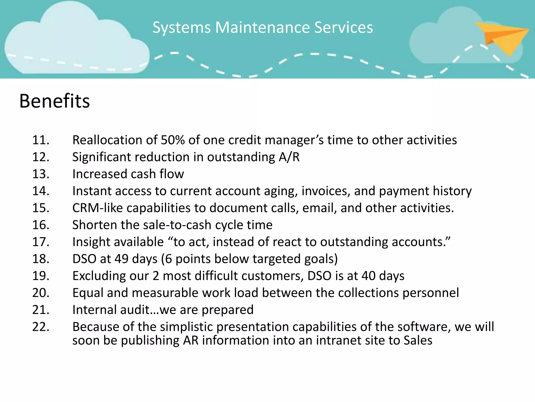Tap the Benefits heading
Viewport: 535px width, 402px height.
[x=55, y=101]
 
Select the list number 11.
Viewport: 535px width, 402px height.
[x=40, y=140]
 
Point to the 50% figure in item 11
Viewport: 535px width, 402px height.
[x=173, y=140]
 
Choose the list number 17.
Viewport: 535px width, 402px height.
[x=40, y=242]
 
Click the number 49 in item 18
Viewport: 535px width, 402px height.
[x=121, y=259]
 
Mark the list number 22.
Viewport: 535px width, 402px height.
[x=40, y=327]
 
